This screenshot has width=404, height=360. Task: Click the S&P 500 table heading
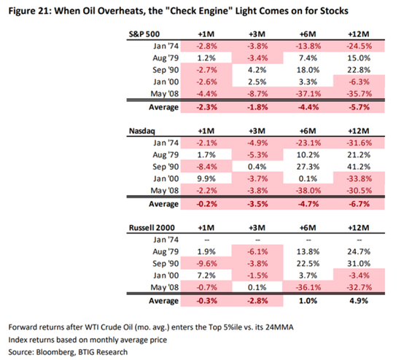[x=144, y=34]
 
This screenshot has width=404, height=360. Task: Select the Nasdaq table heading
[x=142, y=131]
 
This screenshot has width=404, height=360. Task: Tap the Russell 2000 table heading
[x=152, y=228]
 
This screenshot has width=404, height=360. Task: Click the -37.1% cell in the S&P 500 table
[x=308, y=94]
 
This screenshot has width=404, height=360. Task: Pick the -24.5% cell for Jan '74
[x=360, y=46]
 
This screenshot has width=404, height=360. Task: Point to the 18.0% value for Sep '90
[x=308, y=70]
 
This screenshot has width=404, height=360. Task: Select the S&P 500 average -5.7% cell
[x=360, y=107]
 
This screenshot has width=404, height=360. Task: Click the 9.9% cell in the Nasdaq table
[x=206, y=179]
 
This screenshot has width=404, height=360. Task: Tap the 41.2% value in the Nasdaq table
[x=359, y=167]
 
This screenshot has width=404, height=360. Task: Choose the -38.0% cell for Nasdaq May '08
[x=308, y=190]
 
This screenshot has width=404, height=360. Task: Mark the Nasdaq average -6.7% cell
[x=360, y=204]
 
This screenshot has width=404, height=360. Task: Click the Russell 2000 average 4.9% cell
[x=359, y=301]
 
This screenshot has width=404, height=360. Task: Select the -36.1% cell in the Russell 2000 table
[x=308, y=287]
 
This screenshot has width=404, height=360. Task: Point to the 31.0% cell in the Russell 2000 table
[x=359, y=263]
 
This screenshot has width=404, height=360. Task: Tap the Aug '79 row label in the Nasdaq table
[x=166, y=154]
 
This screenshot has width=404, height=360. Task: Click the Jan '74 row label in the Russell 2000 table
[x=166, y=240]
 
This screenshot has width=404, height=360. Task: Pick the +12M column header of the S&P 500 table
[x=359, y=34]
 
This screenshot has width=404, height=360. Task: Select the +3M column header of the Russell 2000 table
[x=257, y=228]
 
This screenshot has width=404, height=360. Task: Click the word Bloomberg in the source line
[x=55, y=352]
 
